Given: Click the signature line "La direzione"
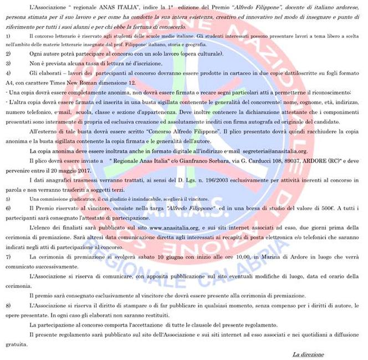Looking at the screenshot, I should pyautogui.click(x=308, y=354).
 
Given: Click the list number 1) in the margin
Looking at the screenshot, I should pyautogui.click(x=8, y=36).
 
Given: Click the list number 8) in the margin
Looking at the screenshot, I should pyautogui.click(x=8, y=305).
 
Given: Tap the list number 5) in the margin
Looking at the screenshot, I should pyautogui.click(x=8, y=198).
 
